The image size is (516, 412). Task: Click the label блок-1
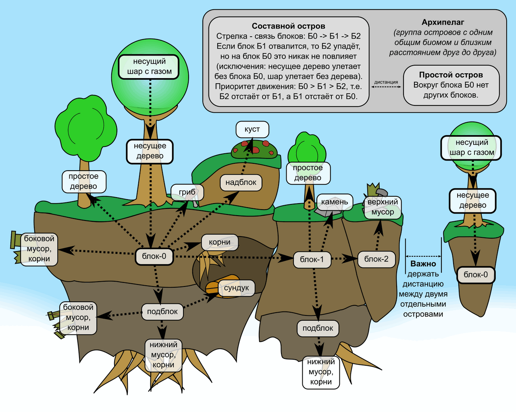pos(312,260)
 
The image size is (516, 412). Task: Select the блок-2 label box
pos(376,259)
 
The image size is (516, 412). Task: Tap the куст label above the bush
pos(252,129)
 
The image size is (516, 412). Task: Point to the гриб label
pos(187,192)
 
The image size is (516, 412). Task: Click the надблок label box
pos(241,182)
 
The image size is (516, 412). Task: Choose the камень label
pos(335,202)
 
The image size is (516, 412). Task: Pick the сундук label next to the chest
pos(237,288)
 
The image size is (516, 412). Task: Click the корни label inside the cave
pos(219,242)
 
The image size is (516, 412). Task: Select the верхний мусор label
pos(383,207)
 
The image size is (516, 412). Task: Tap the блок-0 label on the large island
pos(154,256)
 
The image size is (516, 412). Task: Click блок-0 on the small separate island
pos(476,275)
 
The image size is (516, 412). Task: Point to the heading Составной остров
pos(288,26)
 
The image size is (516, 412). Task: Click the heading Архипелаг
pos(443,23)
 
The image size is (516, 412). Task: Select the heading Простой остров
pos(451,75)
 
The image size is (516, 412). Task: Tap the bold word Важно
pos(423,264)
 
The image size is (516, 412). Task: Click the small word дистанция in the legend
pos(386,82)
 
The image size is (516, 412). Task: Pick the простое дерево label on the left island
pos(84,181)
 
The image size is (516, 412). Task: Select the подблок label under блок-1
pos(318,328)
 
